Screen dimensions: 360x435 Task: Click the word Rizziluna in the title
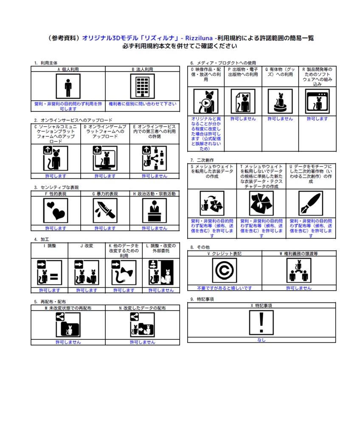click(199, 38)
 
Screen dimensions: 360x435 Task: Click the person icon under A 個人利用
click(68, 86)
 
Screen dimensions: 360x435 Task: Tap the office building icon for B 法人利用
click(143, 86)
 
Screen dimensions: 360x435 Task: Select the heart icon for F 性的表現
click(56, 211)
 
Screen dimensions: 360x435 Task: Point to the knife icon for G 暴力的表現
click(105, 211)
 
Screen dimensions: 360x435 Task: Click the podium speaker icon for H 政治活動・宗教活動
click(155, 211)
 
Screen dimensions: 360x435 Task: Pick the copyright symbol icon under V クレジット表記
click(225, 271)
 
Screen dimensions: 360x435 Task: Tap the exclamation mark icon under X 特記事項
click(261, 323)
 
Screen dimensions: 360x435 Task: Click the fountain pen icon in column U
click(311, 203)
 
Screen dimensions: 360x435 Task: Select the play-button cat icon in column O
click(206, 101)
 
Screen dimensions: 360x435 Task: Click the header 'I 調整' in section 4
click(50, 246)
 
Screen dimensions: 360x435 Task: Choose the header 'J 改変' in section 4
click(87, 246)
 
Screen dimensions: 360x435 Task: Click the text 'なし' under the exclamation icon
click(261, 340)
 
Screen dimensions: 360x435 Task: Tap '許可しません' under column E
click(155, 176)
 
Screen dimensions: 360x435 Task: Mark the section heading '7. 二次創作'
click(202, 160)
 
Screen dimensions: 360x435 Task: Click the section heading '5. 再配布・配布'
click(50, 302)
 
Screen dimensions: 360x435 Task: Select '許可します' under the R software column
click(317, 119)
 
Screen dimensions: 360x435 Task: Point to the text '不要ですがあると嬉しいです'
click(225, 288)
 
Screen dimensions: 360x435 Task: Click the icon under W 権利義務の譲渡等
click(299, 271)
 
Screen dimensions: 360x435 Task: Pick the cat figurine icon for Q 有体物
click(280, 101)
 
